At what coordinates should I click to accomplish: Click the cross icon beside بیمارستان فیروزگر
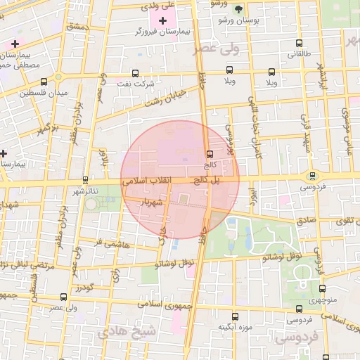163,20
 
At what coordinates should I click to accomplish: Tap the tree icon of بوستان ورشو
238,9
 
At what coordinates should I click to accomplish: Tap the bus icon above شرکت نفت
135,72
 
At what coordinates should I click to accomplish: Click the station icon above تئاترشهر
86,179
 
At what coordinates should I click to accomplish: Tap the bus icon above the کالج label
209,154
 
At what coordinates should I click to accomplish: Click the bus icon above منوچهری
322,288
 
